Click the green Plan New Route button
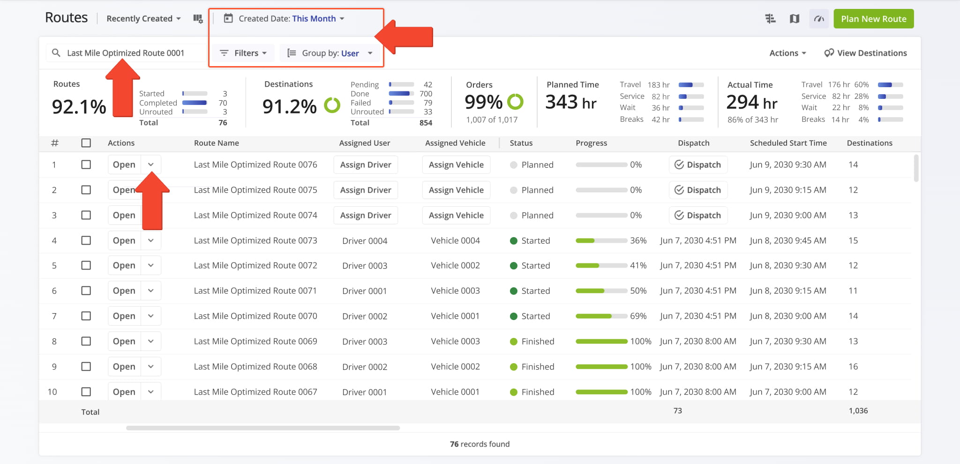[x=873, y=19]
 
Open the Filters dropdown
[x=244, y=53]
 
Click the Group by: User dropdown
[x=330, y=53]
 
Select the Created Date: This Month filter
[x=285, y=19]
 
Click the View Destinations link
[x=865, y=53]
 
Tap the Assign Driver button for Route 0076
[x=366, y=165]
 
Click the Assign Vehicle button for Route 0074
[x=456, y=215]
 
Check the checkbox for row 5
[x=86, y=265]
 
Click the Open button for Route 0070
[x=124, y=316]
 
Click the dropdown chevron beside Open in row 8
[x=151, y=341]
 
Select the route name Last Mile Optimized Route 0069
[x=255, y=341]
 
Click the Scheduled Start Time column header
[x=788, y=143]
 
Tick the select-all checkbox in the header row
[x=86, y=143]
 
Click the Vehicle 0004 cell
[x=455, y=240]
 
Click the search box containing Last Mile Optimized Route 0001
[x=126, y=53]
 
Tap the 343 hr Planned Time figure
[x=570, y=102]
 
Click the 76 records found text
[x=480, y=444]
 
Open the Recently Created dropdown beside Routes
[x=143, y=19]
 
